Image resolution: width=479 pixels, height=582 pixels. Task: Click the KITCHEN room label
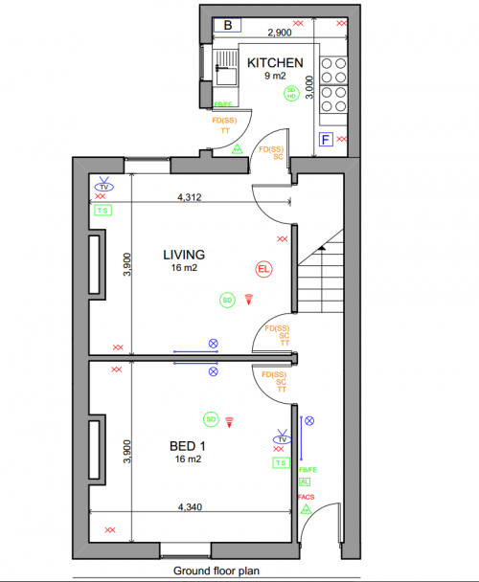pos(275,63)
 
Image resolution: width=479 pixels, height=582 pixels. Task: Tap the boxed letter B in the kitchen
pos(227,25)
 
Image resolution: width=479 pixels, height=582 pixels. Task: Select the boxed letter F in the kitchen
pos(326,141)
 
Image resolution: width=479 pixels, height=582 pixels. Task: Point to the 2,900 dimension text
pos(280,33)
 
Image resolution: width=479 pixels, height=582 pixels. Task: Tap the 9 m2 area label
pos(275,77)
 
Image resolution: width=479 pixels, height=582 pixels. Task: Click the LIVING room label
pos(184,255)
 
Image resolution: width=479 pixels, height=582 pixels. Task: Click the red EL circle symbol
pos(263,269)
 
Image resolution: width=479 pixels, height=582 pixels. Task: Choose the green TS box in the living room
pos(103,210)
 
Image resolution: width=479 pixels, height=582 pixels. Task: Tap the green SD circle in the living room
pos(227,300)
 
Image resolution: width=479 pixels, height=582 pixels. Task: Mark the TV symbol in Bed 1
pos(281,438)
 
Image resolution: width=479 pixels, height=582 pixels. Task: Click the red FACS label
pos(307,498)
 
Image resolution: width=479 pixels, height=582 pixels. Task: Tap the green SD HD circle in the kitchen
pos(291,93)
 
